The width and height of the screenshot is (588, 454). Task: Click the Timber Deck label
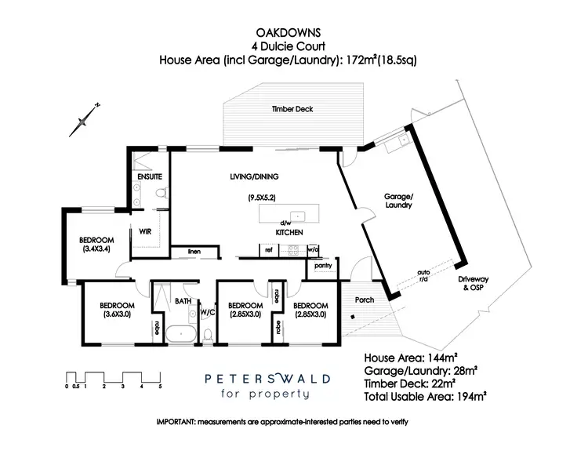coord(292,109)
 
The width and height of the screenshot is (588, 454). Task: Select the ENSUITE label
coord(149,177)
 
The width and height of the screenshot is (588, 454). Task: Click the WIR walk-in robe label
coord(145,231)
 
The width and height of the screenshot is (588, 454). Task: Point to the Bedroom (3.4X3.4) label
coord(97,245)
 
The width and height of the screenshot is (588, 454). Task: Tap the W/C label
coord(207,311)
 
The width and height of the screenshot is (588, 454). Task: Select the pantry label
coord(323,265)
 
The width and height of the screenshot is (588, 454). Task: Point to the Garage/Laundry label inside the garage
coord(397,202)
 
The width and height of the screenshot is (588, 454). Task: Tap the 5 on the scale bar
coord(160,386)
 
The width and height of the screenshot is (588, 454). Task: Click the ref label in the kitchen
coord(268,249)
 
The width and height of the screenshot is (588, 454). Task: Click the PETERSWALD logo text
coord(267,378)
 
